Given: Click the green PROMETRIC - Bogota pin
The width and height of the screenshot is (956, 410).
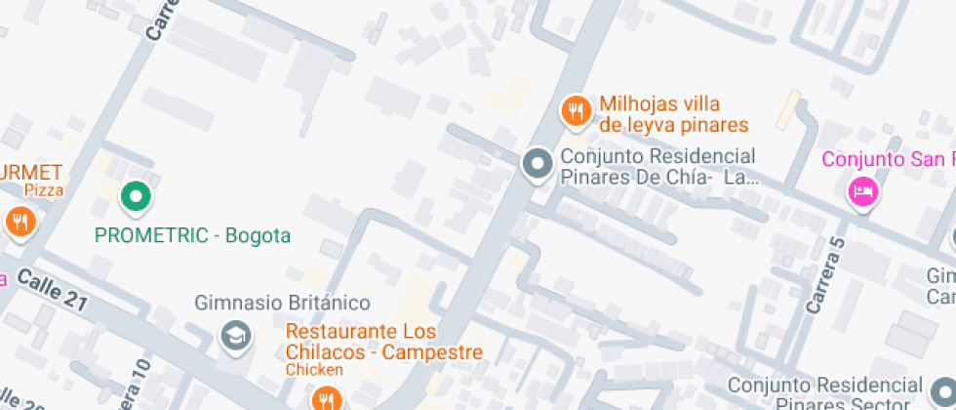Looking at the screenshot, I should click(x=137, y=197).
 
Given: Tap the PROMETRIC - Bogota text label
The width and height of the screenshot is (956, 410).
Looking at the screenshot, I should click(x=192, y=235).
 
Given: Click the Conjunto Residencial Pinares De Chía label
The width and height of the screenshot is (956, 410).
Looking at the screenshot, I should click(x=657, y=167).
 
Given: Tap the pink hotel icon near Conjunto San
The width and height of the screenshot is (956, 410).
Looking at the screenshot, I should click(x=863, y=191).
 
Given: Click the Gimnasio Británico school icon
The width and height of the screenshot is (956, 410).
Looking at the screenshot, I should click(x=235, y=337).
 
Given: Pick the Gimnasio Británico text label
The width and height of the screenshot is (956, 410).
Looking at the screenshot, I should click(x=282, y=303).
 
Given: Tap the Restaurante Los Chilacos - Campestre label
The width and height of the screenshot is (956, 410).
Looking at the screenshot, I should click(x=384, y=342).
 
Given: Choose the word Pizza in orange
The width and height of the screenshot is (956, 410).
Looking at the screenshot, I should click(x=44, y=190).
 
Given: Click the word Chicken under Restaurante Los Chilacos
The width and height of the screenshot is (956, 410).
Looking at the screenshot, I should click(x=314, y=370).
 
